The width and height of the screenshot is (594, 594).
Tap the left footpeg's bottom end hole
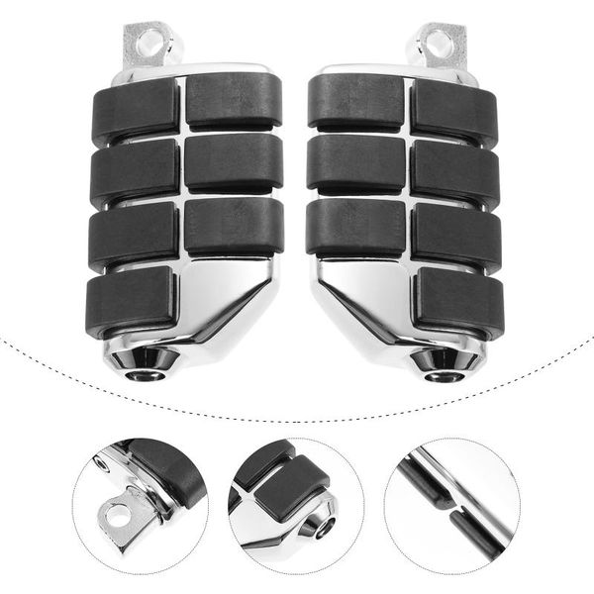(x=151, y=359)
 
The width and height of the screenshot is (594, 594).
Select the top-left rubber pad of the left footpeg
(x=137, y=113)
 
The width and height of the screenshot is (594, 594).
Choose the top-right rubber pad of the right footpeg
(x=453, y=111)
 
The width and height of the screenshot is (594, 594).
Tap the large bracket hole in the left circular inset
(x=116, y=516)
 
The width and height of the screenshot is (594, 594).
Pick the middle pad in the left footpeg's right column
(x=233, y=160)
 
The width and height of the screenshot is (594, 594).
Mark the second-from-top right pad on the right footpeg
(x=455, y=174)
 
